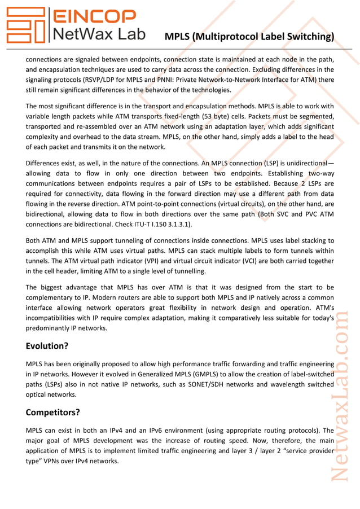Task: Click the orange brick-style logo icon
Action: [x=26, y=25]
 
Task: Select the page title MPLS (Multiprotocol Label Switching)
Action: [x=249, y=37]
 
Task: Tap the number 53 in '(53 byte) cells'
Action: [x=208, y=116]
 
